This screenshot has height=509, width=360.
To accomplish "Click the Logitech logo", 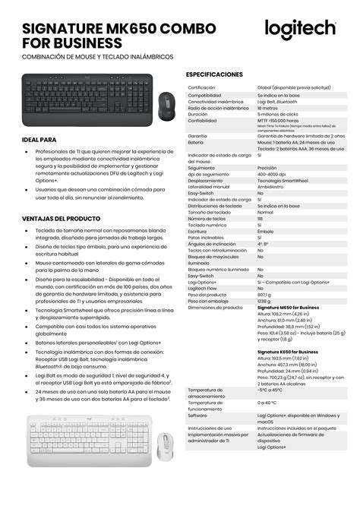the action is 300,29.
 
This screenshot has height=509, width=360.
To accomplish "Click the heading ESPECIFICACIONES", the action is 215,74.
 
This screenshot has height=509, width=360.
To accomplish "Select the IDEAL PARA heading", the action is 39,140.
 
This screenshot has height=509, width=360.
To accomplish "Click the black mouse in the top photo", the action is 166,106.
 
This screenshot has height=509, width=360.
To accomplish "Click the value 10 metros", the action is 269,108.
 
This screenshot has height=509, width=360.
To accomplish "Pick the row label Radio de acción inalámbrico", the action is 218,108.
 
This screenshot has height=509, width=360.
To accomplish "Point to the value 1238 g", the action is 265,300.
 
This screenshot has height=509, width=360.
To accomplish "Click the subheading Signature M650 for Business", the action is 288,307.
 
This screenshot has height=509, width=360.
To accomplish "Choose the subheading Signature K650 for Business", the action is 288,352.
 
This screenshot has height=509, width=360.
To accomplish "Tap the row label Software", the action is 197,415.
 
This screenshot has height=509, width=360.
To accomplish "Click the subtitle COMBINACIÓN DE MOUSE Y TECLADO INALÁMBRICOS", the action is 97,56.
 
